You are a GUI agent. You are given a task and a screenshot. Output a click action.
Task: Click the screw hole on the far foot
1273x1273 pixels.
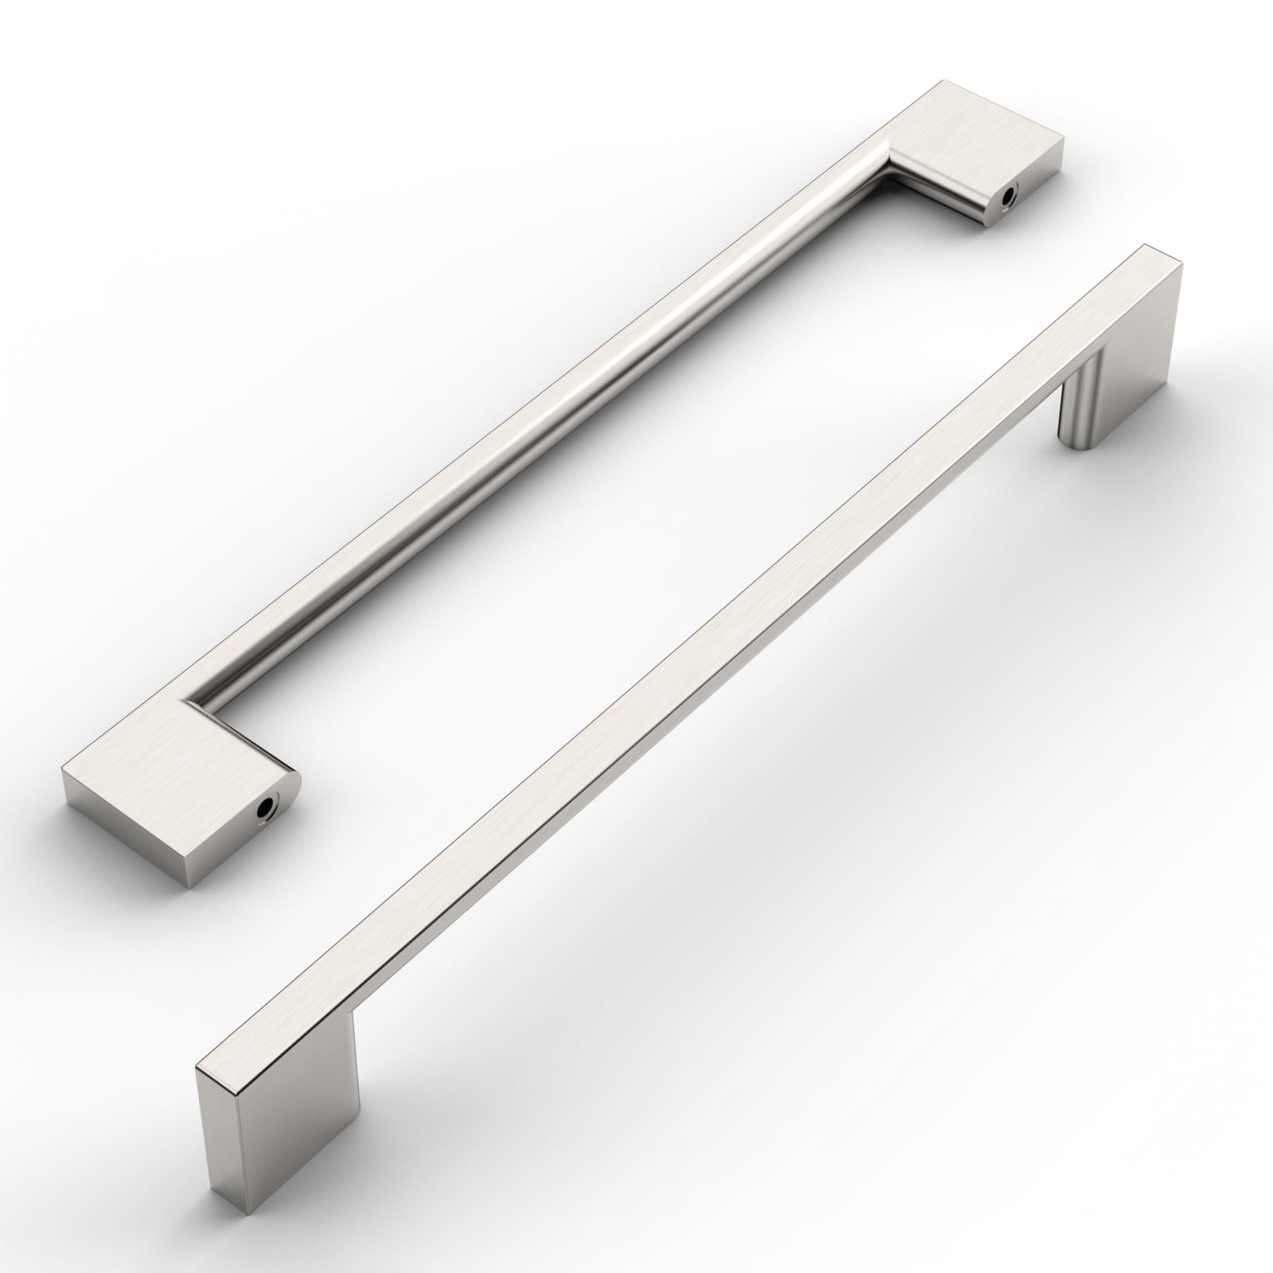point(1011,193)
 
